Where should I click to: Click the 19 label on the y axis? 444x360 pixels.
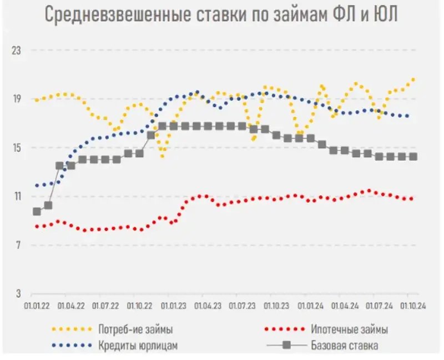(x=16, y=99)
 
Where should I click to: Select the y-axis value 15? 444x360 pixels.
(x=16, y=148)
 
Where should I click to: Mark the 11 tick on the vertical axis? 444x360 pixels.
(x=16, y=197)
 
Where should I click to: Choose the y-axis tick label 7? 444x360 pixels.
(x=18, y=245)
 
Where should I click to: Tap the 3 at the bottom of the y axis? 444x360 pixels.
(x=18, y=293)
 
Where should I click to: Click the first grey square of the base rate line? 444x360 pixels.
(x=37, y=211)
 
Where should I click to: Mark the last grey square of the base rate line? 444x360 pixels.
(x=413, y=157)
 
